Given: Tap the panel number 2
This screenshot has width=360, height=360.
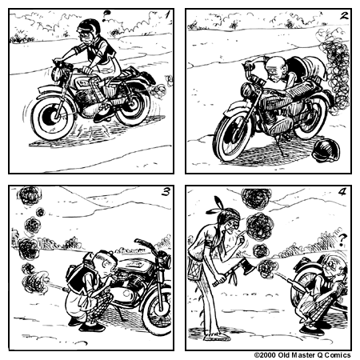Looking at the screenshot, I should [342, 15].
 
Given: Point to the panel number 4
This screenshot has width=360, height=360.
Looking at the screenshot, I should [342, 193].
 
